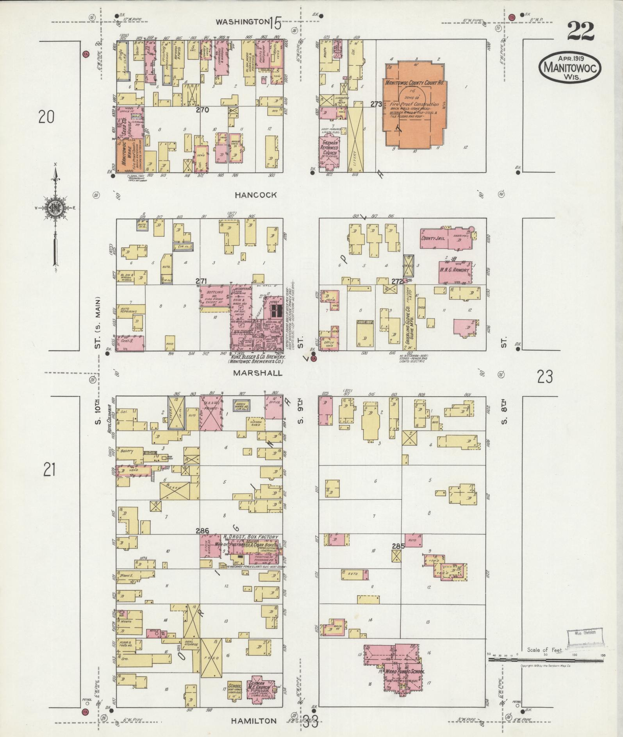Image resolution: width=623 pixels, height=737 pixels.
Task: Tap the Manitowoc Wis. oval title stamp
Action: pos(570,68)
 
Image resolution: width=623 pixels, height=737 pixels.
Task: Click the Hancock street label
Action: pos(256,195)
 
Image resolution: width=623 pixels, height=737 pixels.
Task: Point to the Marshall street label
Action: pos(257,373)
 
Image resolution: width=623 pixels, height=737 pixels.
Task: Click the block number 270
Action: pos(202,110)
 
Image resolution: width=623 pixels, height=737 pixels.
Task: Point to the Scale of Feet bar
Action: pos(547,660)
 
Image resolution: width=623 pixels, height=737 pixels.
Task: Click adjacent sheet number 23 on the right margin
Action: pos(545,377)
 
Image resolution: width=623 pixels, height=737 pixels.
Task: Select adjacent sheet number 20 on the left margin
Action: pos(46,117)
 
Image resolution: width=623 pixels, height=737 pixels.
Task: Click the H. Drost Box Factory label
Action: pos(250,537)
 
